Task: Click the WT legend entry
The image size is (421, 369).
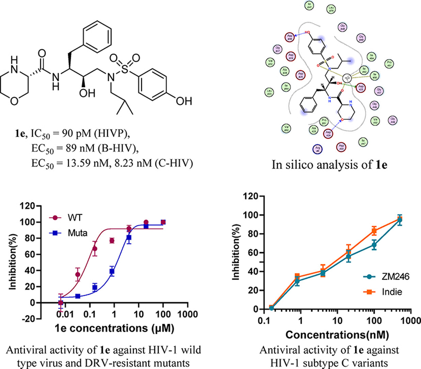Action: click(x=75, y=217)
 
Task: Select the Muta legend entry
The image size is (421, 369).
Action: click(x=77, y=233)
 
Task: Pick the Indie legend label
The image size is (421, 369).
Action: click(x=391, y=292)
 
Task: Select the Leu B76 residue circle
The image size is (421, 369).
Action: click(x=331, y=9)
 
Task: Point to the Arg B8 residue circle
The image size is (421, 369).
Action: click(x=317, y=149)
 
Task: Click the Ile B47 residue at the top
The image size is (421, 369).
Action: click(x=309, y=5)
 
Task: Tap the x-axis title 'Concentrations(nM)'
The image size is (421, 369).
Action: click(x=337, y=335)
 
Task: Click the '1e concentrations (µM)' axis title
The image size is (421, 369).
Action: click(x=114, y=329)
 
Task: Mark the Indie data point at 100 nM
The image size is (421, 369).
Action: click(x=374, y=231)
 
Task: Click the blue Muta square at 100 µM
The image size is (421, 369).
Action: click(x=163, y=222)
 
